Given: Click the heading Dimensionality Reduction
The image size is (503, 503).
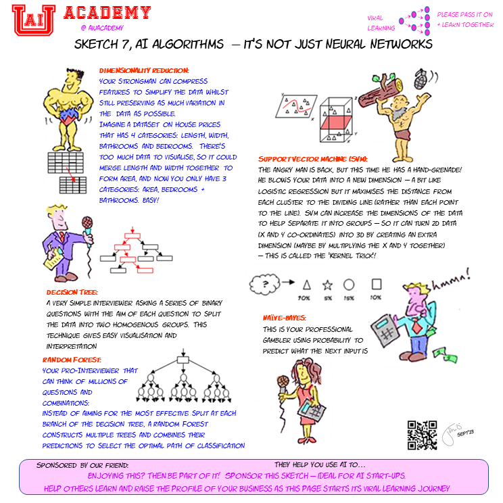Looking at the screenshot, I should pos(144,70).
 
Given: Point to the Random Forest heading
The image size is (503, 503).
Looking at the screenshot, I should pos(72,360).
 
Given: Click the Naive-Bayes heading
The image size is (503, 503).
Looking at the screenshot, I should pos(285,317).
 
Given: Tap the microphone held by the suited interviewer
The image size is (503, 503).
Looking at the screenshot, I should pos(87,222).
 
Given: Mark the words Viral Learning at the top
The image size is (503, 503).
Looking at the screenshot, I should pos(381,22).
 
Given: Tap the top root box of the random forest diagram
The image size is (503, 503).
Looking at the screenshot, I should pos(182,359).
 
